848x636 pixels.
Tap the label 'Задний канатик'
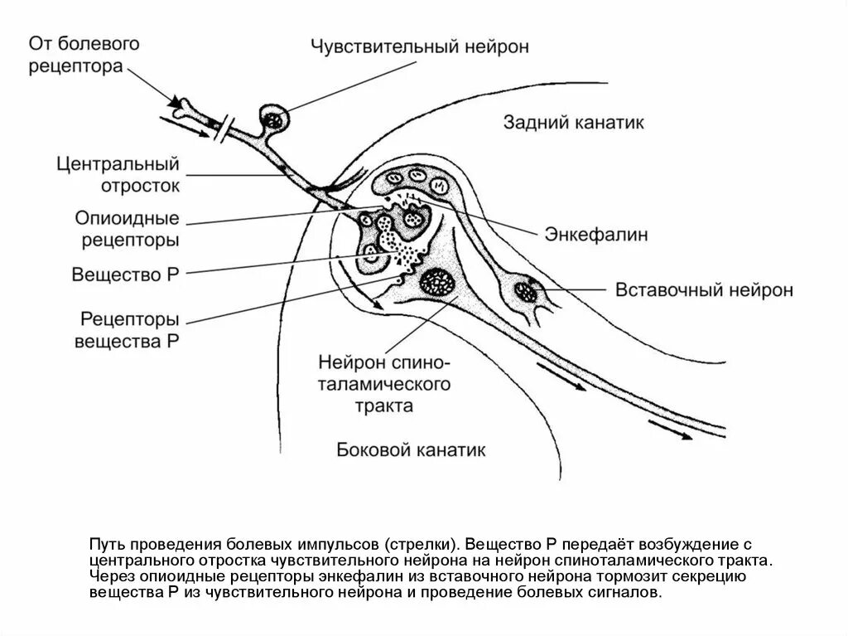pyautogui.click(x=573, y=123)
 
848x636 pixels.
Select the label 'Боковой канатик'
pyautogui.click(x=412, y=450)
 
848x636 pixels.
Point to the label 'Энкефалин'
pyautogui.click(x=595, y=235)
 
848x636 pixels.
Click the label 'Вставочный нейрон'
pyautogui.click(x=704, y=290)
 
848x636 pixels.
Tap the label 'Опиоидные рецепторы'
pyautogui.click(x=128, y=230)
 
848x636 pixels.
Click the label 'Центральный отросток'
pyautogui.click(x=118, y=175)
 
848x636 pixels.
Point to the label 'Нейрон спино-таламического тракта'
pyautogui.click(x=383, y=384)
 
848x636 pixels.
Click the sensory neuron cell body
pyautogui.click(x=274, y=118)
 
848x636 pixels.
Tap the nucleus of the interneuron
pyautogui.click(x=524, y=291)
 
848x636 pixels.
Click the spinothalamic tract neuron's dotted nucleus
pyautogui.click(x=436, y=283)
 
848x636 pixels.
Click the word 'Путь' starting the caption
pyautogui.click(x=106, y=545)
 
